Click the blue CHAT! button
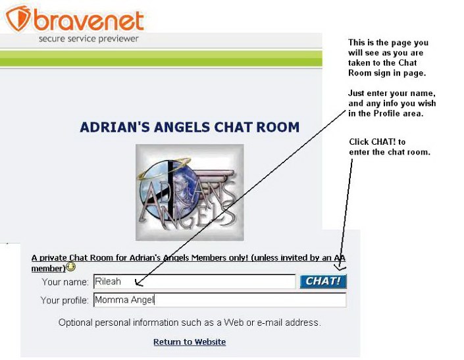pyautogui.click(x=323, y=281)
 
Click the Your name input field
pyautogui.click(x=194, y=281)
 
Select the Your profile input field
pyautogui.click(x=220, y=300)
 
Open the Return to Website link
pyautogui.click(x=190, y=342)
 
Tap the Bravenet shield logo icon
pyautogui.click(x=18, y=18)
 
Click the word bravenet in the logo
pyautogui.click(x=89, y=20)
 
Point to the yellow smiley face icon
pyautogui.click(x=70, y=267)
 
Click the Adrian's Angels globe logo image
pyautogui.click(x=190, y=192)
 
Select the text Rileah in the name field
pyautogui.click(x=108, y=281)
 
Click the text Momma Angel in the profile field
pyautogui.click(x=124, y=300)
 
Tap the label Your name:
pyautogui.click(x=65, y=282)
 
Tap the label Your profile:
pyautogui.click(x=64, y=300)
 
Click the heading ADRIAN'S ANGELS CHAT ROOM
pyautogui.click(x=190, y=127)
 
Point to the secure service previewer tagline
pyautogui.click(x=88, y=39)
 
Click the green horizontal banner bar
pyautogui.click(x=161, y=59)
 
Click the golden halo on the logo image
pyautogui.click(x=164, y=168)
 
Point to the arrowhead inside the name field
pyautogui.click(x=138, y=283)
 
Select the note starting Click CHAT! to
pyautogui.click(x=390, y=147)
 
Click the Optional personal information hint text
pyautogui.click(x=190, y=322)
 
